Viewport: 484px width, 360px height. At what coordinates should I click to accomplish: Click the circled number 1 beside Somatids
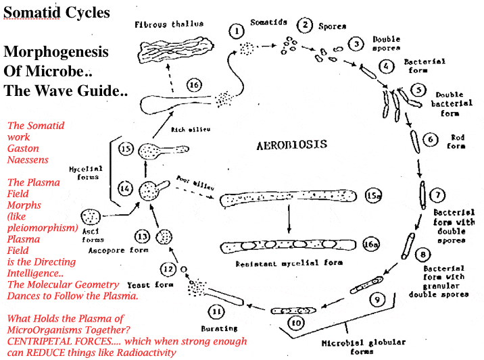tap(236, 30)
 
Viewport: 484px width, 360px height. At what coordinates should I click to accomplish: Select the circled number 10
tap(295, 323)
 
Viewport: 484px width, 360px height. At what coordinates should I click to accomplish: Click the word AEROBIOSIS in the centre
tap(292, 145)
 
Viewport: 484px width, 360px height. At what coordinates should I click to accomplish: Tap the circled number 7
tap(438, 195)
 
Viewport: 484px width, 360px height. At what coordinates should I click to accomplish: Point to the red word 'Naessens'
tap(24, 159)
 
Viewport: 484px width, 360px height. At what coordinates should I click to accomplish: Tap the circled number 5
tap(418, 89)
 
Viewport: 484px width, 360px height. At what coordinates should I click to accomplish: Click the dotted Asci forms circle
tap(90, 217)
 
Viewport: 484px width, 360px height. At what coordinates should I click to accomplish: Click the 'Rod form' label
tap(458, 141)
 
